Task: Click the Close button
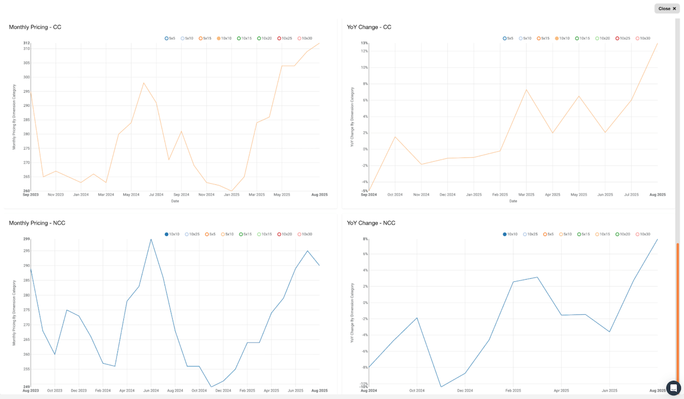click(667, 9)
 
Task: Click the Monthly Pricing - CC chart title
click(35, 27)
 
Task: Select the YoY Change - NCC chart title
click(371, 223)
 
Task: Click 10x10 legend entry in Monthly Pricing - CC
click(224, 38)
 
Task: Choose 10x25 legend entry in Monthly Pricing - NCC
click(192, 234)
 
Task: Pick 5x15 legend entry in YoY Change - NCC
click(583, 234)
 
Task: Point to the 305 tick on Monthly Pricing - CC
click(26, 63)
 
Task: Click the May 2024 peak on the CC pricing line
click(144, 83)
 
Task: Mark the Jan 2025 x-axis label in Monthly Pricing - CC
click(232, 195)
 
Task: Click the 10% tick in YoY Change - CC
click(364, 68)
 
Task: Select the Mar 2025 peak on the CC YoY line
click(526, 90)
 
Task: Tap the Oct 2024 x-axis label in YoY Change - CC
click(395, 195)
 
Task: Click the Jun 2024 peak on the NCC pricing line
click(151, 239)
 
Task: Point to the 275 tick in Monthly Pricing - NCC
click(26, 310)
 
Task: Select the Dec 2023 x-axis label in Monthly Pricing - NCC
click(79, 390)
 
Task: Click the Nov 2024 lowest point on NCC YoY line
click(441, 387)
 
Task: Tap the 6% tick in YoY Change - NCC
click(365, 254)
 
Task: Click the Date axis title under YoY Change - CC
click(513, 201)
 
